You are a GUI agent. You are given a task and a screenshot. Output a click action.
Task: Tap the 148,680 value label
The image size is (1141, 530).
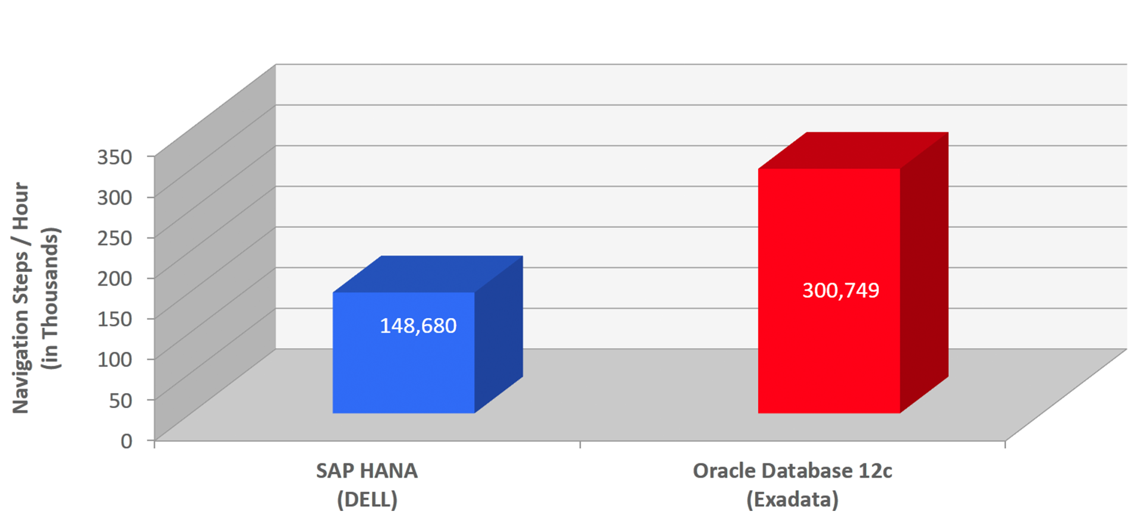tap(418, 326)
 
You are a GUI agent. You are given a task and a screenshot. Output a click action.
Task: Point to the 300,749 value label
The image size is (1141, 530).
tap(840, 290)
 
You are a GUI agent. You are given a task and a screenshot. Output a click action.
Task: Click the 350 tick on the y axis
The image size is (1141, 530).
tap(115, 157)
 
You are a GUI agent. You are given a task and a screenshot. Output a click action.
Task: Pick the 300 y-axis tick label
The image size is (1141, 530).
tap(115, 197)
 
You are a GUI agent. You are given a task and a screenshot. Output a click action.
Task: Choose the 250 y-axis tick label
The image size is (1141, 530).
tap(115, 238)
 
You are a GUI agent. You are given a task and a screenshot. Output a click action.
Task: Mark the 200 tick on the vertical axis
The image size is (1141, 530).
tap(115, 278)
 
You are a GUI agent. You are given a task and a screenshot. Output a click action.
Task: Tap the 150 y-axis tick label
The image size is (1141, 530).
tap(115, 319)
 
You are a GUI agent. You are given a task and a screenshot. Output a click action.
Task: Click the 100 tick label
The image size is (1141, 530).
tap(115, 359)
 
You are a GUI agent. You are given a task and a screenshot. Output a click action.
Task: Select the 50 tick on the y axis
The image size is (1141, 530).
tap(121, 400)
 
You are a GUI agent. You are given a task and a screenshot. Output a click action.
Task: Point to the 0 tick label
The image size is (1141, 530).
tap(127, 441)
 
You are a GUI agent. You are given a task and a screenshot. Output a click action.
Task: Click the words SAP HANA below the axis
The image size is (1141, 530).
tap(367, 471)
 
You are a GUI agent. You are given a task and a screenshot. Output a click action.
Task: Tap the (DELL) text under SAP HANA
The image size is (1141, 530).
tap(367, 499)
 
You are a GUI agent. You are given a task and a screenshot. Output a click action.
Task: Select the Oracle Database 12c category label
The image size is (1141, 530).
tap(792, 471)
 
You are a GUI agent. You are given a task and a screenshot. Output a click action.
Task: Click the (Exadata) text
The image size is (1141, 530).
tap(792, 499)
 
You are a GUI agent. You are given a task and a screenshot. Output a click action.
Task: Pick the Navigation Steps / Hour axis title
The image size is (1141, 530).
tap(21, 297)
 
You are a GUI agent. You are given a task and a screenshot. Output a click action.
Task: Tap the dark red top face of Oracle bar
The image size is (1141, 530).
tap(853, 150)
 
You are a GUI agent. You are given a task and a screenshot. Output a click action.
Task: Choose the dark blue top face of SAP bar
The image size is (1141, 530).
tap(428, 274)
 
